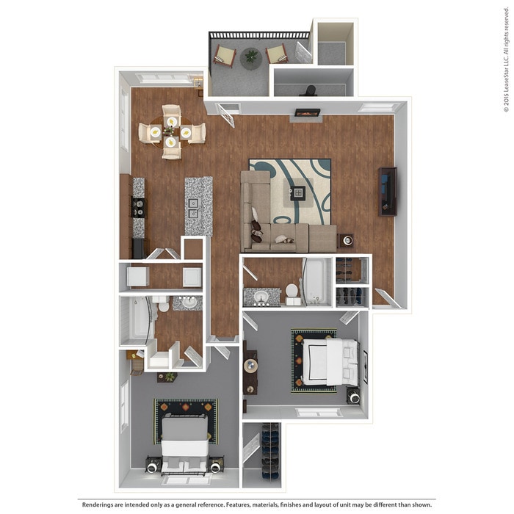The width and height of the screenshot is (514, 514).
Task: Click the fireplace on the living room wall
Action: pyautogui.click(x=307, y=113)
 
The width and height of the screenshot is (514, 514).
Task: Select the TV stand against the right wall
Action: pyautogui.click(x=388, y=191)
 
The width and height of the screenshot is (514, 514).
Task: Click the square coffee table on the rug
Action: pyautogui.click(x=297, y=193)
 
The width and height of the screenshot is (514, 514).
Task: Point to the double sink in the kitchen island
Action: pyautogui.click(x=193, y=209)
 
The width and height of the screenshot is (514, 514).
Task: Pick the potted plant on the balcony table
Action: pyautogui.click(x=252, y=55)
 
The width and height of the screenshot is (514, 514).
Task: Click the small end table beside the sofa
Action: pyautogui.click(x=346, y=240)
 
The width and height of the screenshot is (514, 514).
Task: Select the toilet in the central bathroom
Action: pyautogui.click(x=292, y=293)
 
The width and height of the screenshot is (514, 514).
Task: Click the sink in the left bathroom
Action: pyautogui.click(x=189, y=302)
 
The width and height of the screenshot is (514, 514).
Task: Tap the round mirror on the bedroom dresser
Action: pyautogui.click(x=251, y=365)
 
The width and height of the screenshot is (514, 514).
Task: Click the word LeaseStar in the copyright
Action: pyautogui.click(x=506, y=84)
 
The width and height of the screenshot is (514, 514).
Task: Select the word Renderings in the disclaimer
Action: pyautogui.click(x=98, y=504)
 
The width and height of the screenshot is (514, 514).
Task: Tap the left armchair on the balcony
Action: pyautogui.click(x=225, y=56)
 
